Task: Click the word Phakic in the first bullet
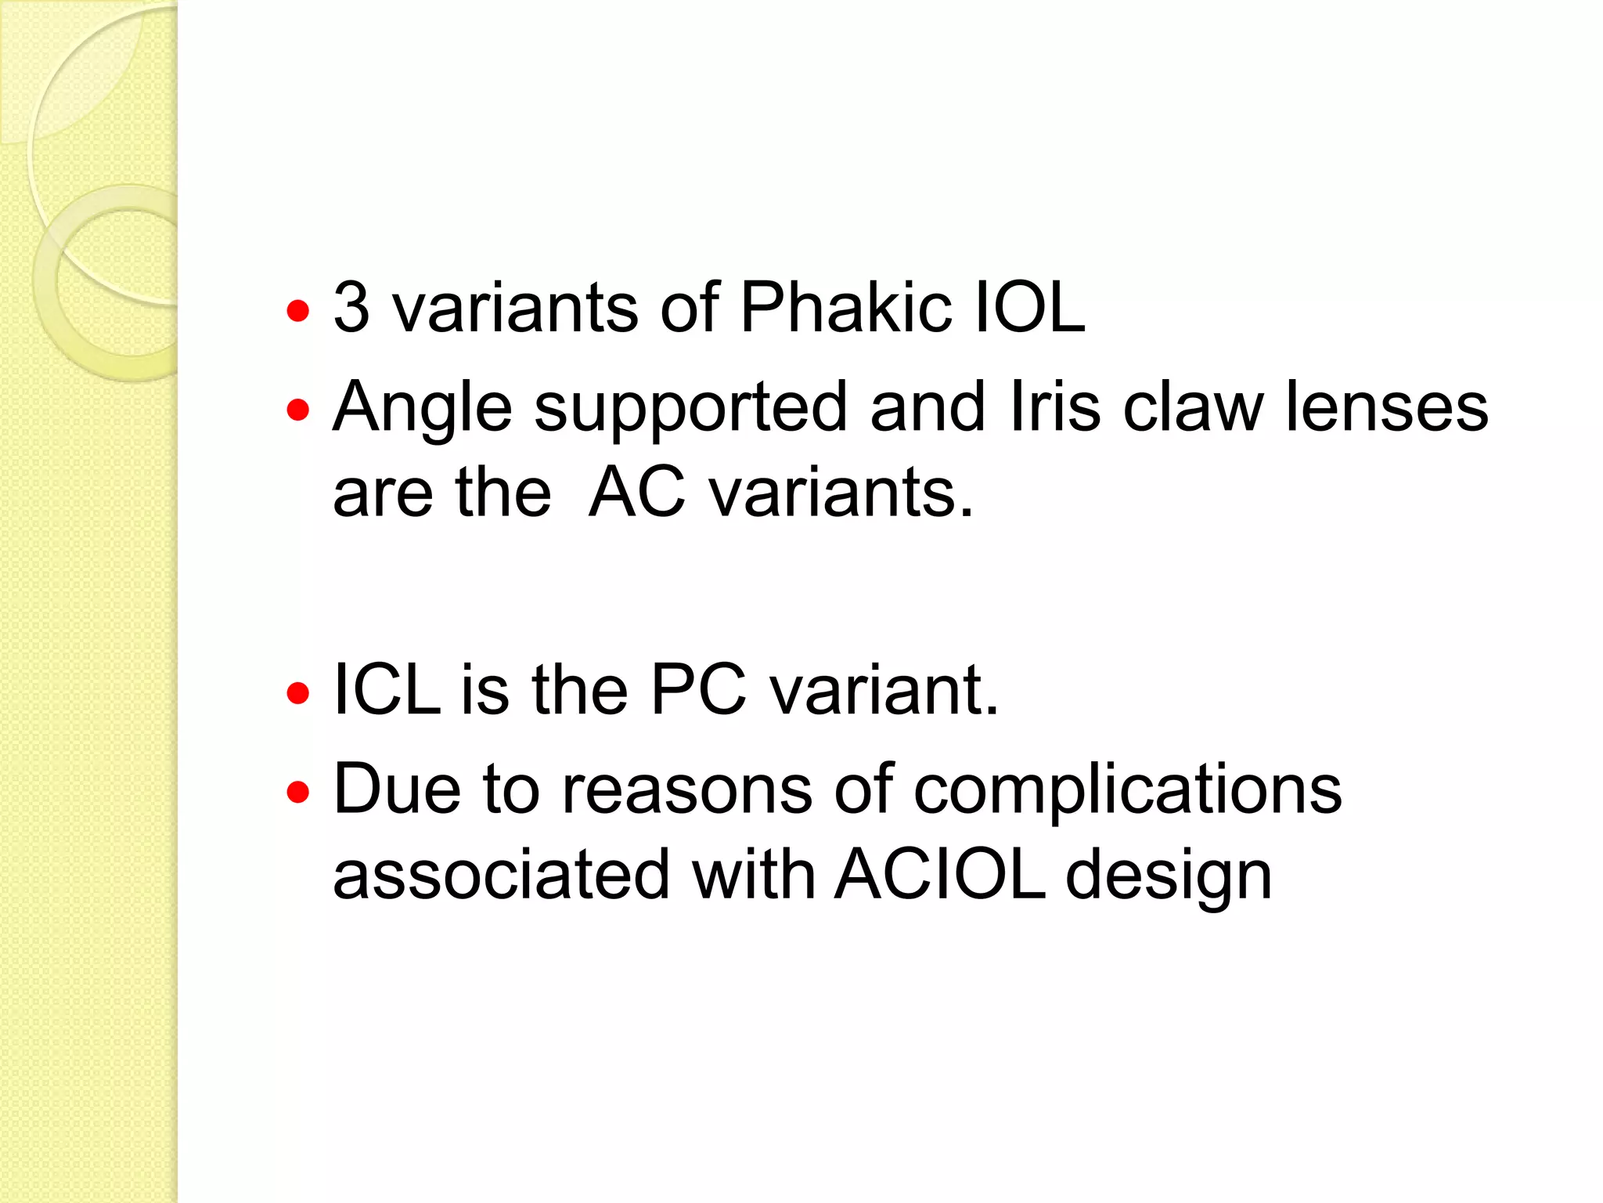click(845, 307)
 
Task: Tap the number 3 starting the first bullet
click(351, 307)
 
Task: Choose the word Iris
click(1055, 407)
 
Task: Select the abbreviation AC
click(637, 493)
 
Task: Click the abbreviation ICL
click(387, 690)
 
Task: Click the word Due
click(397, 789)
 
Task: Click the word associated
click(502, 875)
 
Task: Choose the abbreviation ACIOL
click(939, 875)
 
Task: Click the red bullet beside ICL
click(298, 693)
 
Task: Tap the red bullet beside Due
click(298, 793)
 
